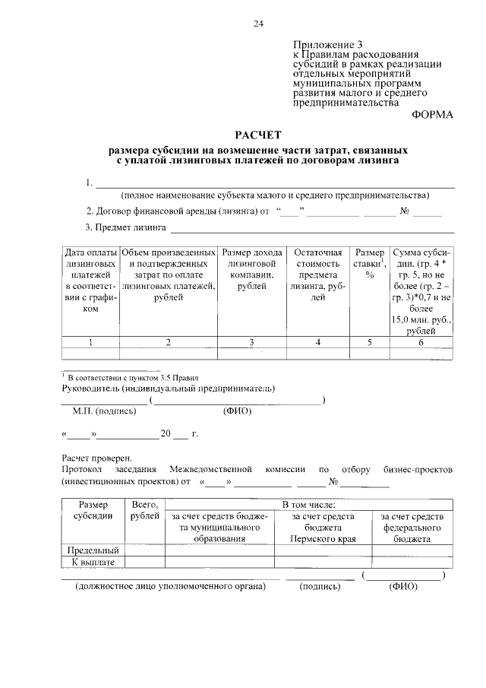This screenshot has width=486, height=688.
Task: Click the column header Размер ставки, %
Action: click(370, 263)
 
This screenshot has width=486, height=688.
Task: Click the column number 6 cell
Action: click(421, 342)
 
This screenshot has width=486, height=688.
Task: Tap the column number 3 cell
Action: click(251, 342)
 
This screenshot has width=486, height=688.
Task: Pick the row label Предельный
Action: click(93, 550)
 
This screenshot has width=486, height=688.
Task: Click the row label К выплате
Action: click(93, 562)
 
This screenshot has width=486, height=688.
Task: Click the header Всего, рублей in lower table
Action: click(145, 510)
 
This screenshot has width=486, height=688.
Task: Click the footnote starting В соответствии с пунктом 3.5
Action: click(132, 377)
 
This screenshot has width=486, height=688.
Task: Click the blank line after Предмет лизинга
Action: click(311, 228)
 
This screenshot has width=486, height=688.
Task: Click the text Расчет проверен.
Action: click(96, 458)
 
